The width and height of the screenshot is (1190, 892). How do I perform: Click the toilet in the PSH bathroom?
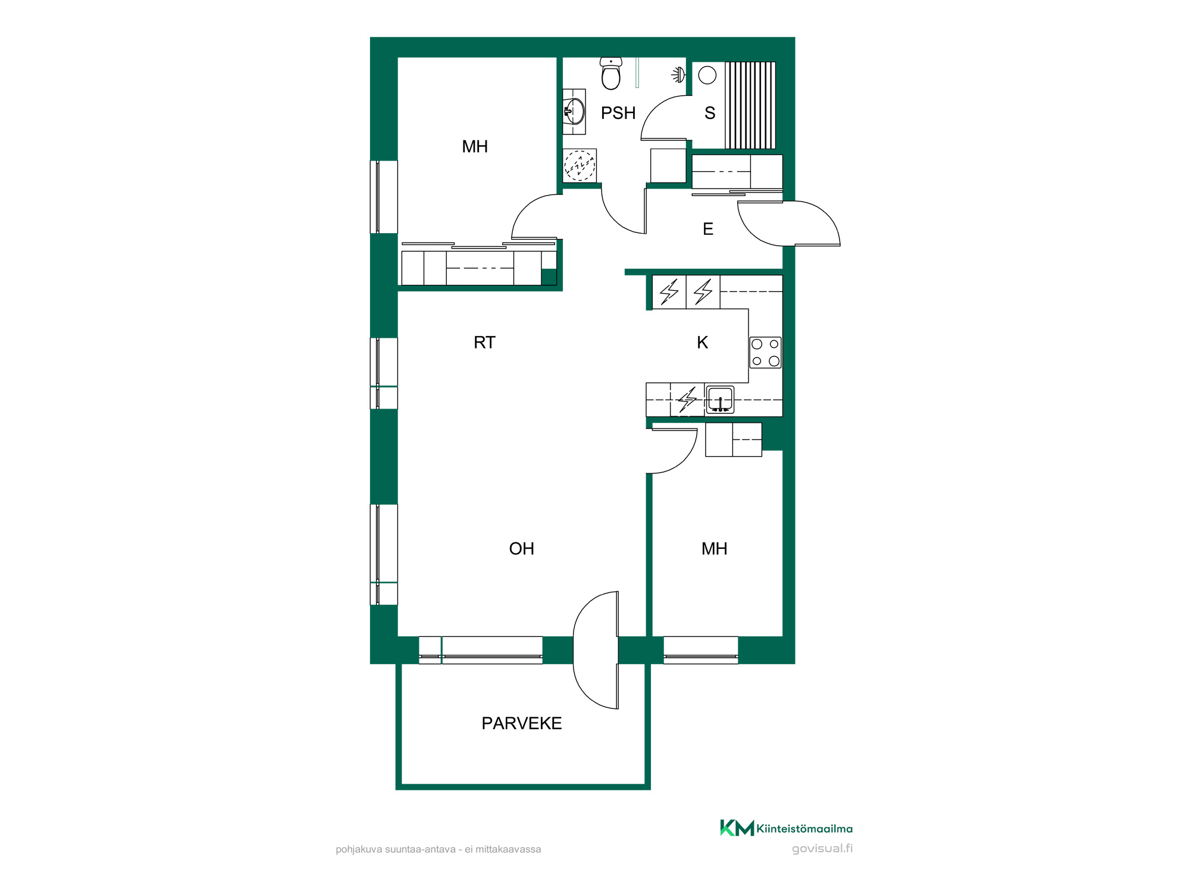point(611,73)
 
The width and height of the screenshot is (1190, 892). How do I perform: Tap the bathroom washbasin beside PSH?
point(574,111)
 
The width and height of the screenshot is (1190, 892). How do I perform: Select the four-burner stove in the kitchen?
point(765,353)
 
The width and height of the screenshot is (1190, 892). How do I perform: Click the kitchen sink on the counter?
point(720,399)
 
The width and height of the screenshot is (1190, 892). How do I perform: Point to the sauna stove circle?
point(707,75)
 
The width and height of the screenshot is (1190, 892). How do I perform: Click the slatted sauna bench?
point(750,105)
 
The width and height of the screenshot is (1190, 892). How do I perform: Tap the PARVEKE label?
point(522,723)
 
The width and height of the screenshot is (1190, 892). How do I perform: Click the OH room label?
point(522,548)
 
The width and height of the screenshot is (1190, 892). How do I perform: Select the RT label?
point(484,343)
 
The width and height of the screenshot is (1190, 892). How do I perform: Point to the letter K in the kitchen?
point(703,343)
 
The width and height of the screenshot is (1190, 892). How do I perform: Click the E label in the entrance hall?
point(708,229)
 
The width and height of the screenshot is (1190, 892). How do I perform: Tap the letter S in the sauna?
point(710,113)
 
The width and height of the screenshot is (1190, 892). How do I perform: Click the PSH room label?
point(618,113)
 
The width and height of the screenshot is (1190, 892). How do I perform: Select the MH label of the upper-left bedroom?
point(475,146)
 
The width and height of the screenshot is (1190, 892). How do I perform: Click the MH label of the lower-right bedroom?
point(715,548)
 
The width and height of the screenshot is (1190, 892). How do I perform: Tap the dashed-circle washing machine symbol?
point(580,165)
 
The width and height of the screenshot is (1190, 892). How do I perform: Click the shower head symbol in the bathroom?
point(678,75)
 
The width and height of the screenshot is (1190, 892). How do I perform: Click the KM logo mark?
point(737,828)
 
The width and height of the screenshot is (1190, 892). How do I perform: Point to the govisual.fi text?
point(822,849)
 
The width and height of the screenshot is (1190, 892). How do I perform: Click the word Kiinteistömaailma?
point(804,828)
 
